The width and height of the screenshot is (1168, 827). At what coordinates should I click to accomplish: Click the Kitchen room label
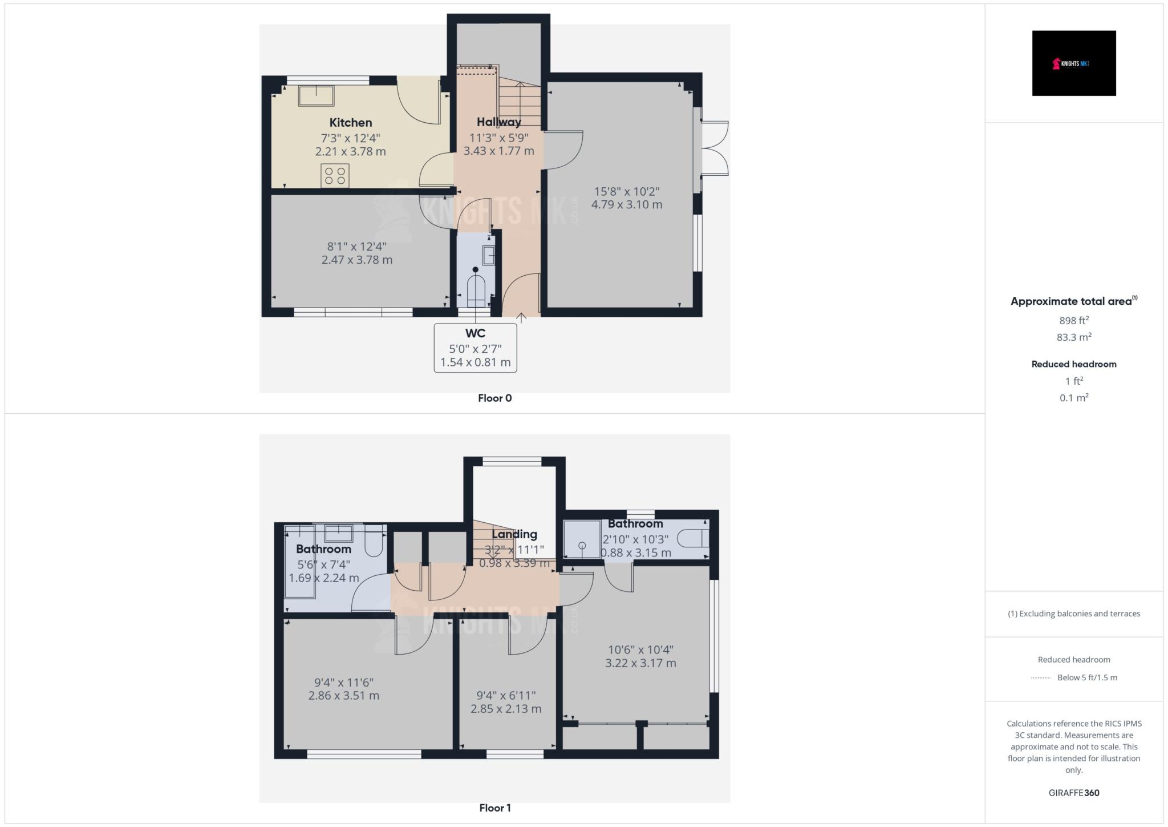tap(351, 123)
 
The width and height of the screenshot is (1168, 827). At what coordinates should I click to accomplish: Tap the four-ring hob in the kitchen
tap(335, 175)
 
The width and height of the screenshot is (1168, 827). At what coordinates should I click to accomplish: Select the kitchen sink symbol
tap(316, 96)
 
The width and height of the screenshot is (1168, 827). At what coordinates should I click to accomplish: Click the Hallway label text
tap(498, 122)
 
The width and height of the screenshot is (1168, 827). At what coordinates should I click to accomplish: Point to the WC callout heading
tap(475, 333)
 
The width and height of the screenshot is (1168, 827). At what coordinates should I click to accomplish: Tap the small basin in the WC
tap(489, 255)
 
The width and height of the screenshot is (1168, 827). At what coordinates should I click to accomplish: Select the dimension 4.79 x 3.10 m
tap(627, 205)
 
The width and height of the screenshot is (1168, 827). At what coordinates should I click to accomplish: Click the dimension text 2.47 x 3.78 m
tap(357, 260)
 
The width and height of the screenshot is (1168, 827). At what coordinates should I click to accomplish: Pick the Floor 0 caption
tap(494, 398)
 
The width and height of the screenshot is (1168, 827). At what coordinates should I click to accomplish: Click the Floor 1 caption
tap(494, 808)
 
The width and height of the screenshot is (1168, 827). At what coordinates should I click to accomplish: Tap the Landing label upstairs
tap(514, 535)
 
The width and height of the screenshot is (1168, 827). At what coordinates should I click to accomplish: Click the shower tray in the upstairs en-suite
tap(582, 539)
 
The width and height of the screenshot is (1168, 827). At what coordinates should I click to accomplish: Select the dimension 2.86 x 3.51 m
tap(344, 696)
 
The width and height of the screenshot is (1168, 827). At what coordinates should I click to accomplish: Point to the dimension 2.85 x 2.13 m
tap(506, 709)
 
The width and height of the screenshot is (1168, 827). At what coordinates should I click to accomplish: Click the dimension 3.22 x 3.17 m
tap(640, 663)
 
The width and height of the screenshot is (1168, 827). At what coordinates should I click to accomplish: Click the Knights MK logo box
tap(1073, 63)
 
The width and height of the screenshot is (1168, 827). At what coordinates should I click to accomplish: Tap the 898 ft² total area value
tap(1074, 321)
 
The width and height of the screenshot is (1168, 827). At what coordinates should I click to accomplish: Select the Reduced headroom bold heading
tap(1074, 364)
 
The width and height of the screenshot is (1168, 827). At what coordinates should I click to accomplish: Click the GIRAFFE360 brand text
tap(1074, 793)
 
